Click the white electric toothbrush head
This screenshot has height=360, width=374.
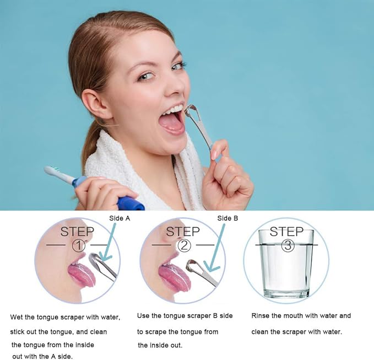click(55, 173)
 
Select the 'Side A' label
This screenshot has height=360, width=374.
click(120, 218)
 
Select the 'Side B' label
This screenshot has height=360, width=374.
click(227, 218)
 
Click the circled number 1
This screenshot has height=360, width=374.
click(78, 244)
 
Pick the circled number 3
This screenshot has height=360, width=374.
click(287, 246)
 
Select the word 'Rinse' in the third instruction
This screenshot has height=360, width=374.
click(262, 316)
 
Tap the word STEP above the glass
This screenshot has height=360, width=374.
click(286, 231)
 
